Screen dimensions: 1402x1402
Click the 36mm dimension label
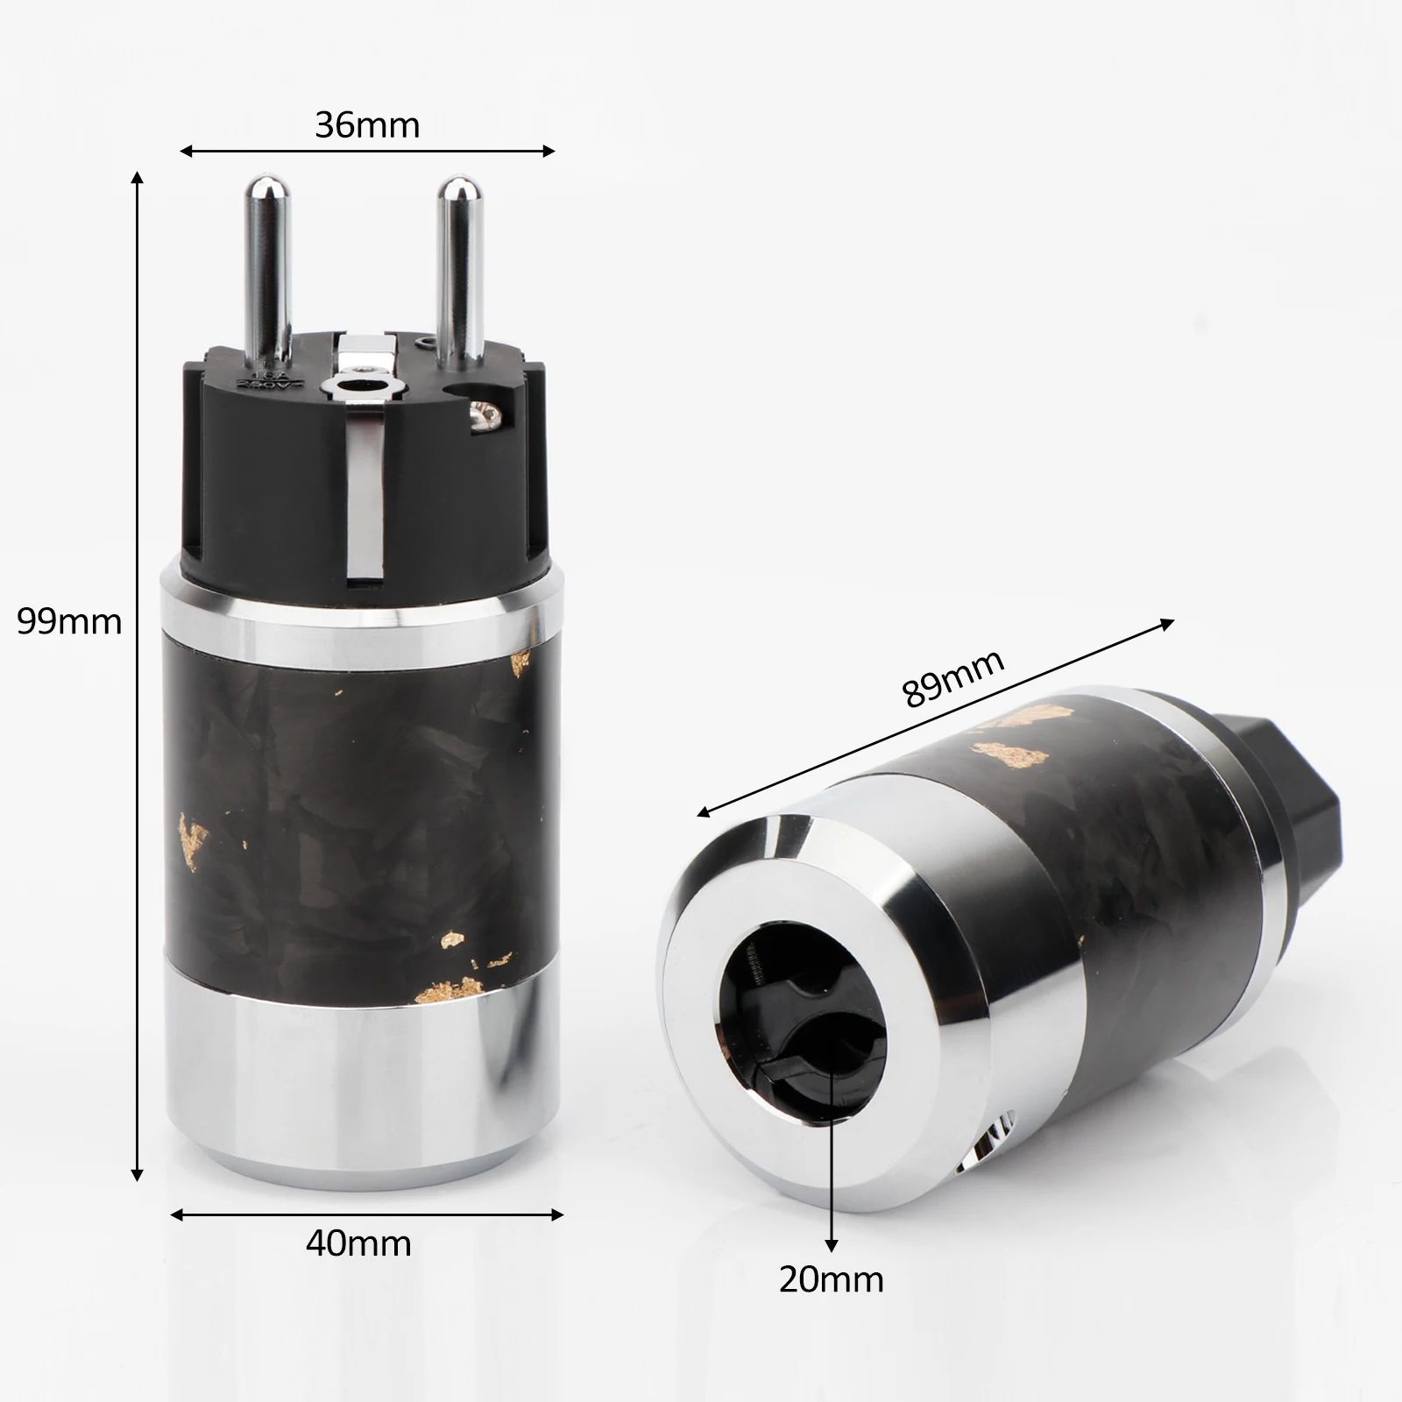click(367, 125)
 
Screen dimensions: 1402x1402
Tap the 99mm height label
click(69, 621)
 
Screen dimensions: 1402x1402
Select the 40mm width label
click(358, 1243)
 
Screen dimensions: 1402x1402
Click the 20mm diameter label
click(832, 1279)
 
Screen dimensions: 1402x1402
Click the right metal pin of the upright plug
click(457, 263)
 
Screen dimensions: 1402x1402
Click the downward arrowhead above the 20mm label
click(832, 1244)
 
